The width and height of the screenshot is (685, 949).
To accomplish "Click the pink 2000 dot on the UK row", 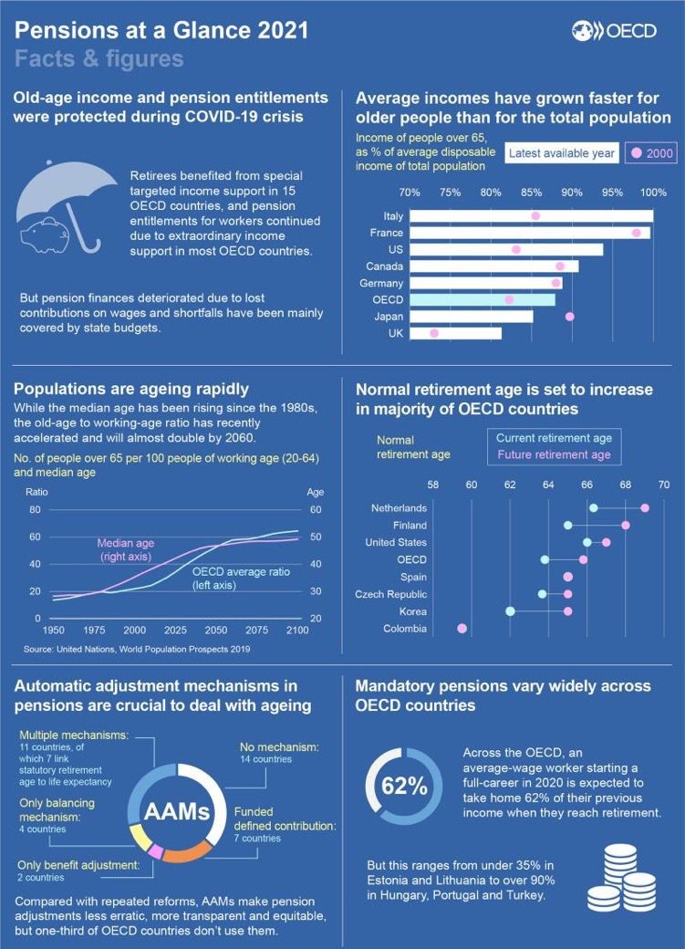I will point(434,333).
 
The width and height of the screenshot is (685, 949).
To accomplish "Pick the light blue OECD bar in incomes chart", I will point(482,299).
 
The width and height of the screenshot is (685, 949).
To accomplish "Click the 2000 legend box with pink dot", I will point(649,153).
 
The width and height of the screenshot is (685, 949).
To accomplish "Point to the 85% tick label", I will point(531,193).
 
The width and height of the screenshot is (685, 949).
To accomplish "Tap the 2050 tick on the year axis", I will point(215,631).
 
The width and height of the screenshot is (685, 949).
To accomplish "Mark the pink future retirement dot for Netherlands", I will point(645,507).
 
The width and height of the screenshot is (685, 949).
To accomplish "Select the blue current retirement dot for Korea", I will point(511,610).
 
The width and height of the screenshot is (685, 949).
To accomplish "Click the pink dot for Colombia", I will point(462,628).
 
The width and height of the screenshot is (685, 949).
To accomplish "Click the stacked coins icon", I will point(623,878).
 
